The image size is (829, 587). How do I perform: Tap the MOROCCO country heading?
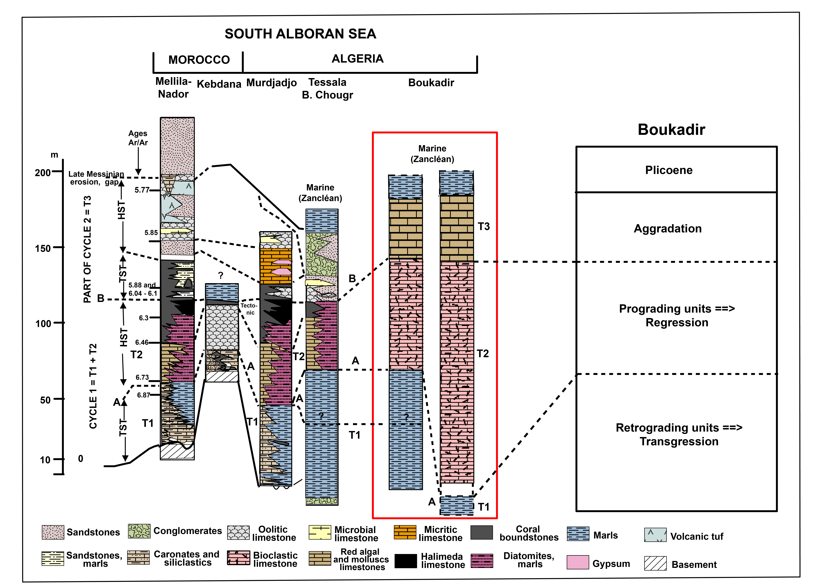(x=199, y=60)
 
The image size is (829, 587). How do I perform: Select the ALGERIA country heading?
(x=358, y=59)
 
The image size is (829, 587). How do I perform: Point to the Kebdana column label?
(x=219, y=84)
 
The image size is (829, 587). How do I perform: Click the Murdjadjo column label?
(x=272, y=83)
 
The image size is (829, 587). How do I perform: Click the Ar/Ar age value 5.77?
(x=142, y=190)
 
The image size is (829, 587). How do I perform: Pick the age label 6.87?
(x=143, y=395)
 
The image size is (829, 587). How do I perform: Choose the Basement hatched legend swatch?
(x=655, y=563)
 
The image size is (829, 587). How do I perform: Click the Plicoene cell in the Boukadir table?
(x=669, y=170)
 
